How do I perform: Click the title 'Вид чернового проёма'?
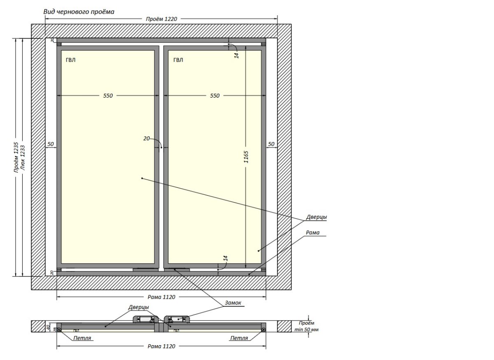(x=79, y=12)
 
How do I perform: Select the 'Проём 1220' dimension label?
(x=161, y=19)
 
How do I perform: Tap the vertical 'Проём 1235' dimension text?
(x=16, y=157)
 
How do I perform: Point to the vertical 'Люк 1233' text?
(x=23, y=157)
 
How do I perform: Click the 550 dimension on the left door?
(x=107, y=96)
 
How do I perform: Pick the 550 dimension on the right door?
(x=215, y=96)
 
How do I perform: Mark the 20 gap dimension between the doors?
(x=147, y=139)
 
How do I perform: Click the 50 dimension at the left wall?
(x=51, y=144)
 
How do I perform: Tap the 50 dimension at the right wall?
(x=271, y=144)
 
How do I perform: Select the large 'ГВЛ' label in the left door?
(x=70, y=60)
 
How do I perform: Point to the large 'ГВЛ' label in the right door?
(x=178, y=60)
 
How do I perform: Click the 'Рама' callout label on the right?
(x=313, y=233)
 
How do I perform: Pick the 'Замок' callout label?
(x=233, y=303)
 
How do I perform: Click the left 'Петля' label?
(x=82, y=338)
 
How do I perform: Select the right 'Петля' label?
(x=239, y=338)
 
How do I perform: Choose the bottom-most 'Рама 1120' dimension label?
(x=161, y=346)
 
